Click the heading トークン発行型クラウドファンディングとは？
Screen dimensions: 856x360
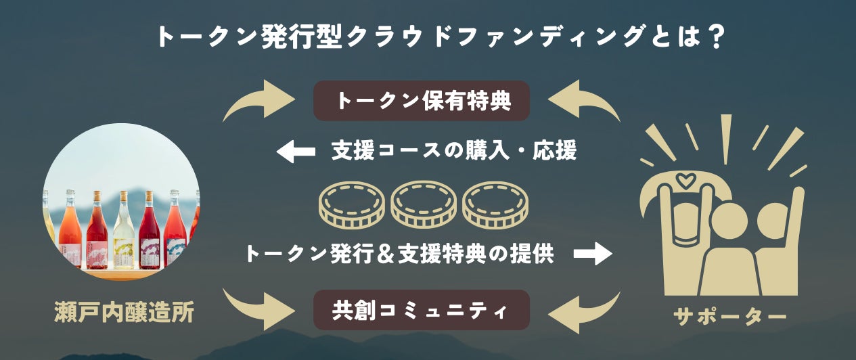coord(428,36)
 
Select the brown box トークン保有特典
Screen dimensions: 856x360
coord(421,102)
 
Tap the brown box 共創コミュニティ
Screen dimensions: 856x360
coord(421,310)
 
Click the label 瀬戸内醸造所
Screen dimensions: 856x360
coord(125,313)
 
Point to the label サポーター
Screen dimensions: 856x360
coord(729,316)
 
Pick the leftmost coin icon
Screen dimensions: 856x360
coord(351,204)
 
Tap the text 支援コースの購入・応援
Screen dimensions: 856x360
coord(454,151)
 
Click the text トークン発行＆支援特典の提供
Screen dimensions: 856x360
coord(399,254)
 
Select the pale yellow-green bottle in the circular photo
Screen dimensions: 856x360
coord(123,233)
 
